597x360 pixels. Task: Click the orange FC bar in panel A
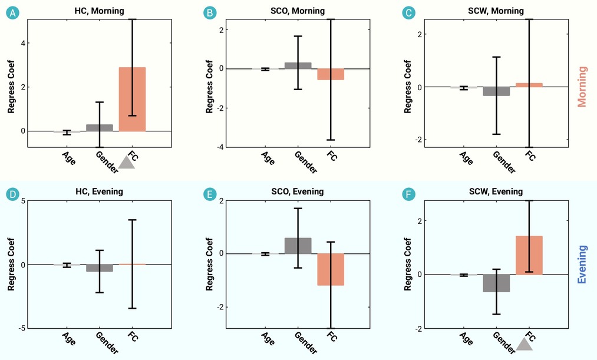pyautogui.click(x=132, y=99)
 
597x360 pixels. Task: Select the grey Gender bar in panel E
pyautogui.click(x=298, y=246)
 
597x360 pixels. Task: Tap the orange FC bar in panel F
pyautogui.click(x=529, y=255)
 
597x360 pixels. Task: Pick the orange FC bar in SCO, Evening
pyautogui.click(x=331, y=269)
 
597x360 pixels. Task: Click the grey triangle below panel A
pyautogui.click(x=127, y=162)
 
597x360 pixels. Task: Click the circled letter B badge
pyautogui.click(x=210, y=12)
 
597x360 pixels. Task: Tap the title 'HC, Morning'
pyautogui.click(x=99, y=11)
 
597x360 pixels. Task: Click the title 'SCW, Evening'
pyautogui.click(x=496, y=191)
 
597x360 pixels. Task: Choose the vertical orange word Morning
pyautogui.click(x=582, y=87)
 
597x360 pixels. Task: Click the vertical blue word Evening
pyautogui.click(x=582, y=265)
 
